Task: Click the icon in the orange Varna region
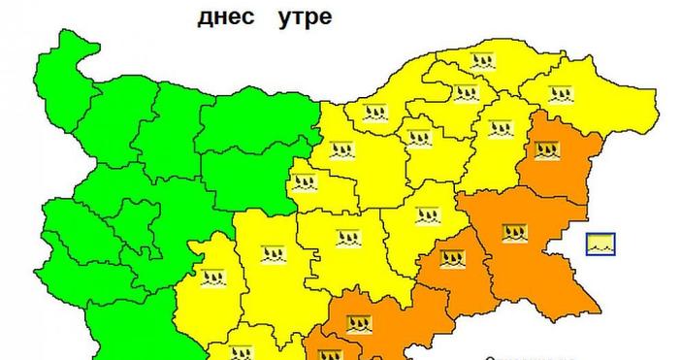click(x=546, y=150)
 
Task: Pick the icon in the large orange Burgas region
click(x=515, y=233)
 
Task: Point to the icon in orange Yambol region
click(x=451, y=258)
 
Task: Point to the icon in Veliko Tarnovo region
click(x=341, y=150)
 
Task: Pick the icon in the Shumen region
click(x=499, y=127)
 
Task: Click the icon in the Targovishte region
click(x=420, y=137)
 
